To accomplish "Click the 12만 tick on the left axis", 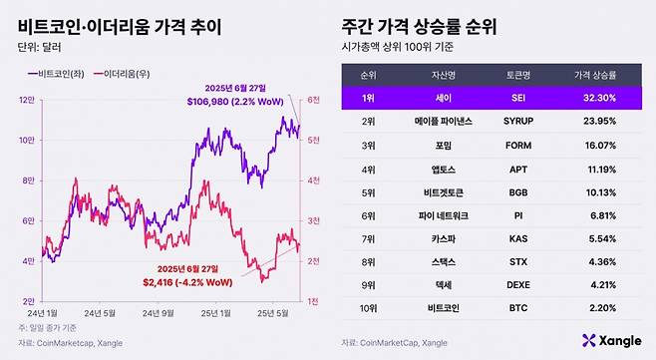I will [27, 100].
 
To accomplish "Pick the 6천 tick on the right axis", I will [312, 100].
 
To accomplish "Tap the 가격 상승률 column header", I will [597, 74].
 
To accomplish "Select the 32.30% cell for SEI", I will [598, 99].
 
